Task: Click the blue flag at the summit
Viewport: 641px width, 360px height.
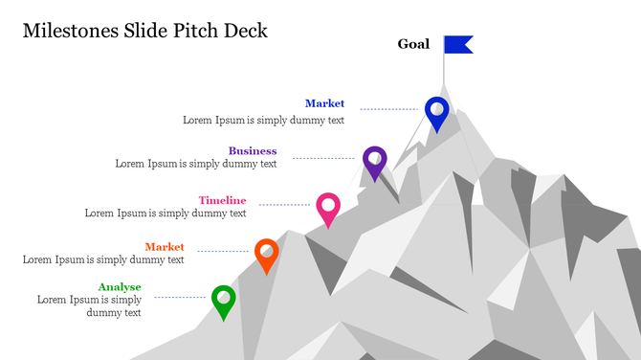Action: point(458,44)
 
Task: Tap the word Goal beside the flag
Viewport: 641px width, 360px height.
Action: point(413,44)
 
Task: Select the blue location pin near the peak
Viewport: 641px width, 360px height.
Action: point(436,111)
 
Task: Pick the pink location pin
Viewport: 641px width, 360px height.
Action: point(328,207)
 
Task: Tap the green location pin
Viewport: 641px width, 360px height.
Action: point(223,300)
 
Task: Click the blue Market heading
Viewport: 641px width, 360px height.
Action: point(324,103)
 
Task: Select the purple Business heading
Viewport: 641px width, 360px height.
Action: point(253,150)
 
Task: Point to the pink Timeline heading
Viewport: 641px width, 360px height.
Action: point(222,200)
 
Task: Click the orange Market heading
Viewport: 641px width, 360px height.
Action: point(165,247)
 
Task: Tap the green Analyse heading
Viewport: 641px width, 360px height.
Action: point(120,287)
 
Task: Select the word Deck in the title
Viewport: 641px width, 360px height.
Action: point(245,31)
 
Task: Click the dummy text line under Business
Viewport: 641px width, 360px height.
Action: point(196,164)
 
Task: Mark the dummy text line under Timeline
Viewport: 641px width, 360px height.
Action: point(166,214)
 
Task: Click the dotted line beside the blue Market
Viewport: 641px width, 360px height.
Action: point(387,109)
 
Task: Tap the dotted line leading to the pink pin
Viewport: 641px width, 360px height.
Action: point(283,204)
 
